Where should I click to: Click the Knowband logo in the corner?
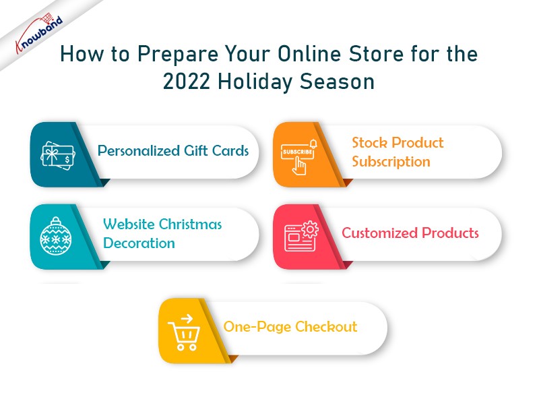pos(39,33)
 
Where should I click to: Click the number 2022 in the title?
pos(186,82)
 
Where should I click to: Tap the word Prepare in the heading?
pos(178,55)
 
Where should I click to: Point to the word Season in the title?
pos(337,82)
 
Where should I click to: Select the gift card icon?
pos(57,156)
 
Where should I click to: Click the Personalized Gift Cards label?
pos(173,151)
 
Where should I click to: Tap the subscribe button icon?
pos(298,157)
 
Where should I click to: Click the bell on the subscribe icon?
pos(313,144)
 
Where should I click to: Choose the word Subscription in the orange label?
pos(391,162)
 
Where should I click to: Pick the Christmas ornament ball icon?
pos(56,236)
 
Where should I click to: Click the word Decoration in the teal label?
pos(139,243)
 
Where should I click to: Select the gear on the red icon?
pos(310,229)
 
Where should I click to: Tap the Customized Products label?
pos(410,233)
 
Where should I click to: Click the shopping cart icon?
pos(184,333)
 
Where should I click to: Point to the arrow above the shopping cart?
pos(187,319)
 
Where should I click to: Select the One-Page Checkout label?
pos(290,327)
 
